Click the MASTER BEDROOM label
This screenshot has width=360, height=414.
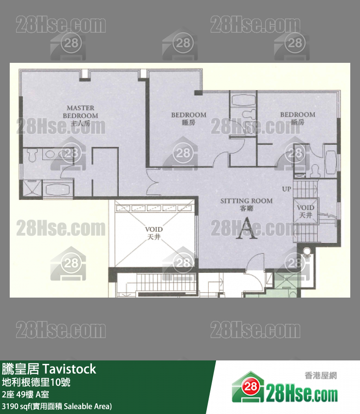coord(80,112)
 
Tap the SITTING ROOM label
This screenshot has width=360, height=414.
coord(246,201)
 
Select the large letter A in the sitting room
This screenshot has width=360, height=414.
coord(247,228)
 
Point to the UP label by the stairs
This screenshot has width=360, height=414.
coord(287,188)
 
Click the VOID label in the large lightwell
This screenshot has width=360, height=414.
coord(154,229)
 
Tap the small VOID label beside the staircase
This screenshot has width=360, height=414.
coord(306,207)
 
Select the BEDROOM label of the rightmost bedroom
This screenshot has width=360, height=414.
coord(297,115)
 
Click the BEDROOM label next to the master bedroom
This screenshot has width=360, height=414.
coord(189,115)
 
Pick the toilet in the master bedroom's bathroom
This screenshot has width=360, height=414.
coord(33,155)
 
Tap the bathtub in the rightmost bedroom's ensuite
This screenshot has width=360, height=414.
coord(330,163)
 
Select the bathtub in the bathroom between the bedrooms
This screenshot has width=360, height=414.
coord(243,101)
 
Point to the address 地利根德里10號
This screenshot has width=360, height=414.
coord(36,382)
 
